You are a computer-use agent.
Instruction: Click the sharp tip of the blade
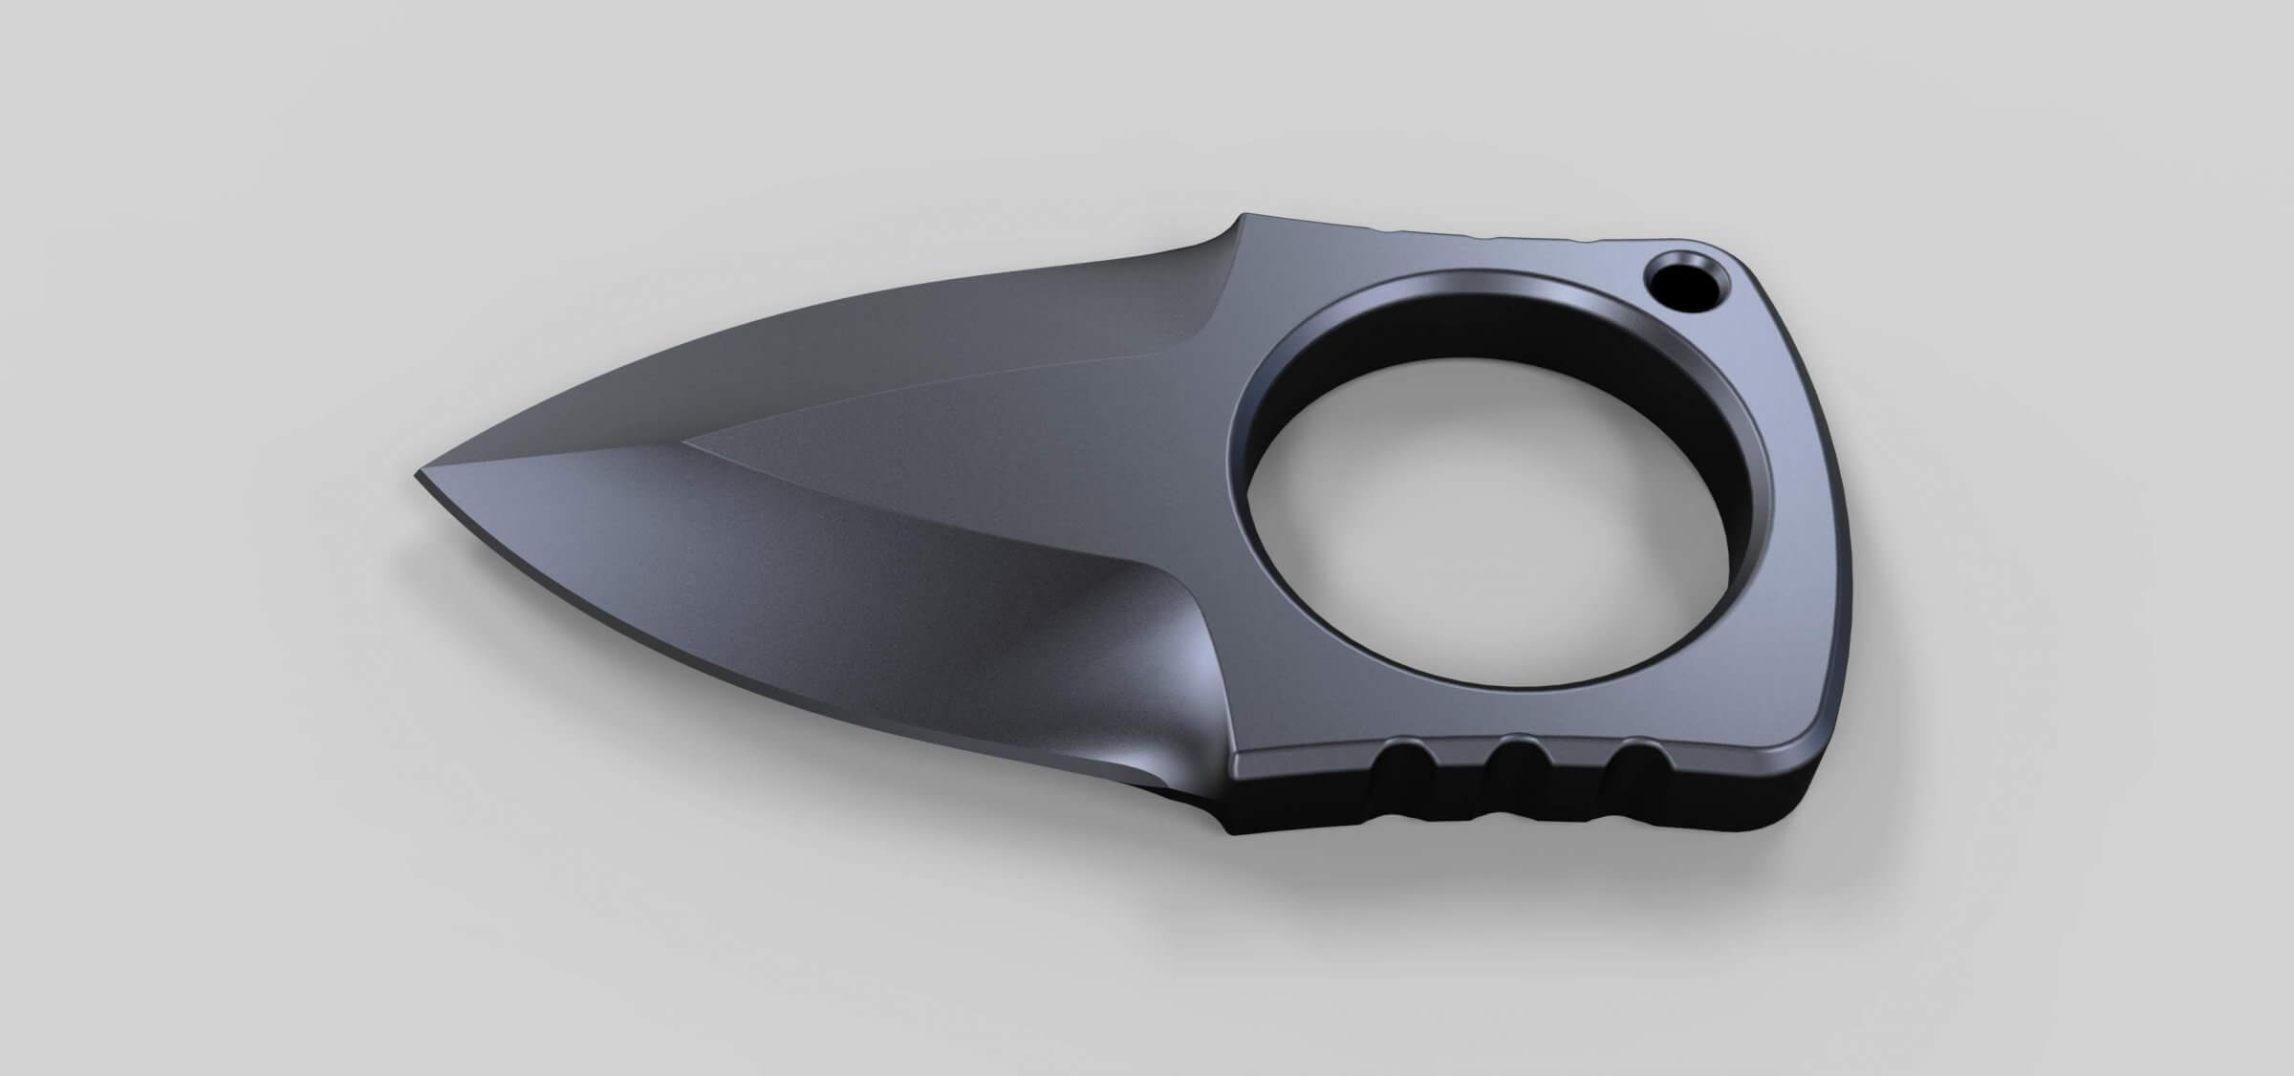[421, 476]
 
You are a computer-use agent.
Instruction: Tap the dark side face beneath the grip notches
[1529, 812]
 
